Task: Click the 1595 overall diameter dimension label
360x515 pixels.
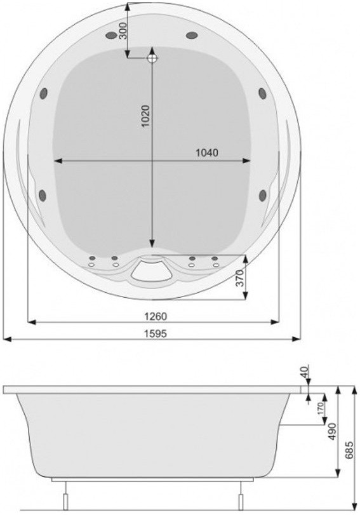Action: click(156, 333)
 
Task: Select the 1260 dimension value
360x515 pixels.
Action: click(156, 316)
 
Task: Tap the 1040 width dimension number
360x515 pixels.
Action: click(207, 153)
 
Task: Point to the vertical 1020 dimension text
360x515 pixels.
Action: click(145, 116)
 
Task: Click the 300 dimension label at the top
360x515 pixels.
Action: click(123, 30)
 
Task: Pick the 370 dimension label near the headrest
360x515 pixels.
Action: click(241, 278)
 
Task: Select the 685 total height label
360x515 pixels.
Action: click(350, 450)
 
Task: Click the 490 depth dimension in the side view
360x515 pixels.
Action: click(333, 432)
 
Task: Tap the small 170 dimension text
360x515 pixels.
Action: click(321, 408)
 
